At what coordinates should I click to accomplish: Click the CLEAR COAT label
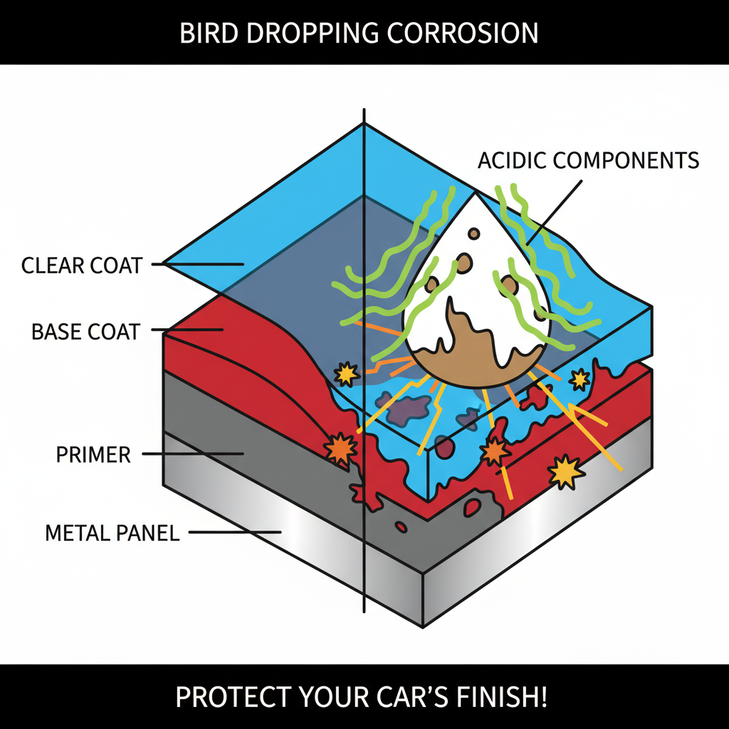click(x=81, y=266)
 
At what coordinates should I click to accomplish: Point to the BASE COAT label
click(x=85, y=331)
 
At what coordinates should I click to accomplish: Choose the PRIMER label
click(x=93, y=455)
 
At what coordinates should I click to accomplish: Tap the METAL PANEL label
click(x=112, y=532)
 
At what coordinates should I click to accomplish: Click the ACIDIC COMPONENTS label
click(x=588, y=159)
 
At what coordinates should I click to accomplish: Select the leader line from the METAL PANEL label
click(x=235, y=531)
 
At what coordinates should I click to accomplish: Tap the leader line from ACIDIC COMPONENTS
click(x=555, y=206)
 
